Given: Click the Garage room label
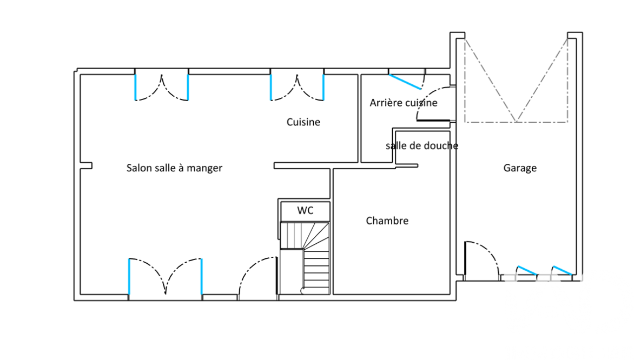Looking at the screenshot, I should pos(520,168).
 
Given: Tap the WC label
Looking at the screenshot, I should pos(305,211).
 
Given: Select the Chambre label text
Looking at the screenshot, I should pos(387,221).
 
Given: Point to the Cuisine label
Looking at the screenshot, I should pos(303,122).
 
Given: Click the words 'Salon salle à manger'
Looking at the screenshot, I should pos(174,168).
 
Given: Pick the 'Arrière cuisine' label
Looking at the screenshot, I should pos(404,103).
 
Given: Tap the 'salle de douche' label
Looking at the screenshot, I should pos(422,146).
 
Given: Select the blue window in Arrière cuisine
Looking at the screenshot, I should pos(405,82).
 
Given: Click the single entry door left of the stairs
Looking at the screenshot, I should pos(257,278).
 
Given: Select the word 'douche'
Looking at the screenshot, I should pos(441,146).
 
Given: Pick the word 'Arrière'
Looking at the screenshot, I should pos(384,103).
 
